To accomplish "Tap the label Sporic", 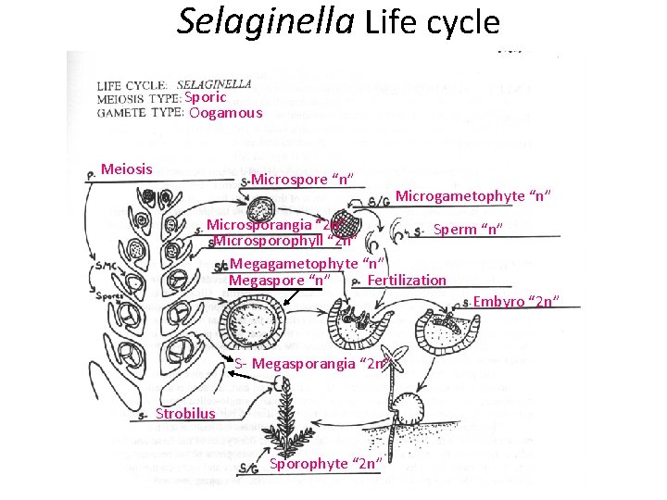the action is (206, 97).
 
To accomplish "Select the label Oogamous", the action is (226, 113).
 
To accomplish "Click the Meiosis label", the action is (127, 169).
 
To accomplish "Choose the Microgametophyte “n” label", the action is (474, 195).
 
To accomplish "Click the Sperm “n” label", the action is (469, 229).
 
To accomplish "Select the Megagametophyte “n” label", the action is (308, 264).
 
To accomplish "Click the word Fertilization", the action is (407, 280).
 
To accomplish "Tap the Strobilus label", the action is (185, 413).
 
